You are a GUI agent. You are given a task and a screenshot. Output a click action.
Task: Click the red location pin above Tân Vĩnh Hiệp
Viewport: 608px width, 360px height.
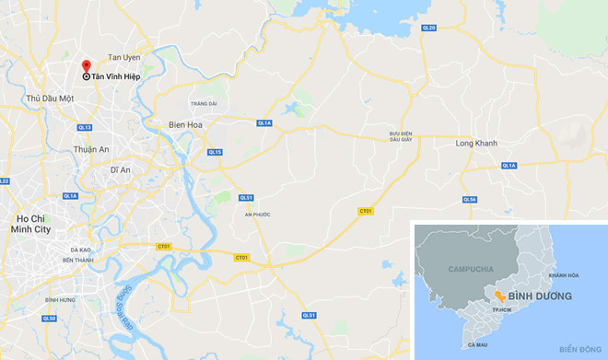[x=86, y=65]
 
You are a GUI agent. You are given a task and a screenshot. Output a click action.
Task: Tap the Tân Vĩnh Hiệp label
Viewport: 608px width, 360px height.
[x=114, y=76]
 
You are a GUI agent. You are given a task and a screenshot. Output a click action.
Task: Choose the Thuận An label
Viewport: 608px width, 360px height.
[x=92, y=149]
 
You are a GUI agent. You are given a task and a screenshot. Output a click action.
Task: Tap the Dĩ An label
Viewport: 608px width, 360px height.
[x=121, y=170]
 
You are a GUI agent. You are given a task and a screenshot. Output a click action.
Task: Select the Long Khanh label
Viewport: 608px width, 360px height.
[x=476, y=144]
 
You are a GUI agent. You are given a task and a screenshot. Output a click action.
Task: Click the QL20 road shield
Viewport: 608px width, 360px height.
[x=428, y=29]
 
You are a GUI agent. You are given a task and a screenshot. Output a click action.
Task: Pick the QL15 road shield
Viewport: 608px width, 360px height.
[x=215, y=152]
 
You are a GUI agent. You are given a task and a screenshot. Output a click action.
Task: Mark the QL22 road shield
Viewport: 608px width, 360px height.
[x=4, y=181]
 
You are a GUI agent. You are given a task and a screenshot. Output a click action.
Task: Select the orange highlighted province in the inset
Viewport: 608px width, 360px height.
[x=497, y=296]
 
